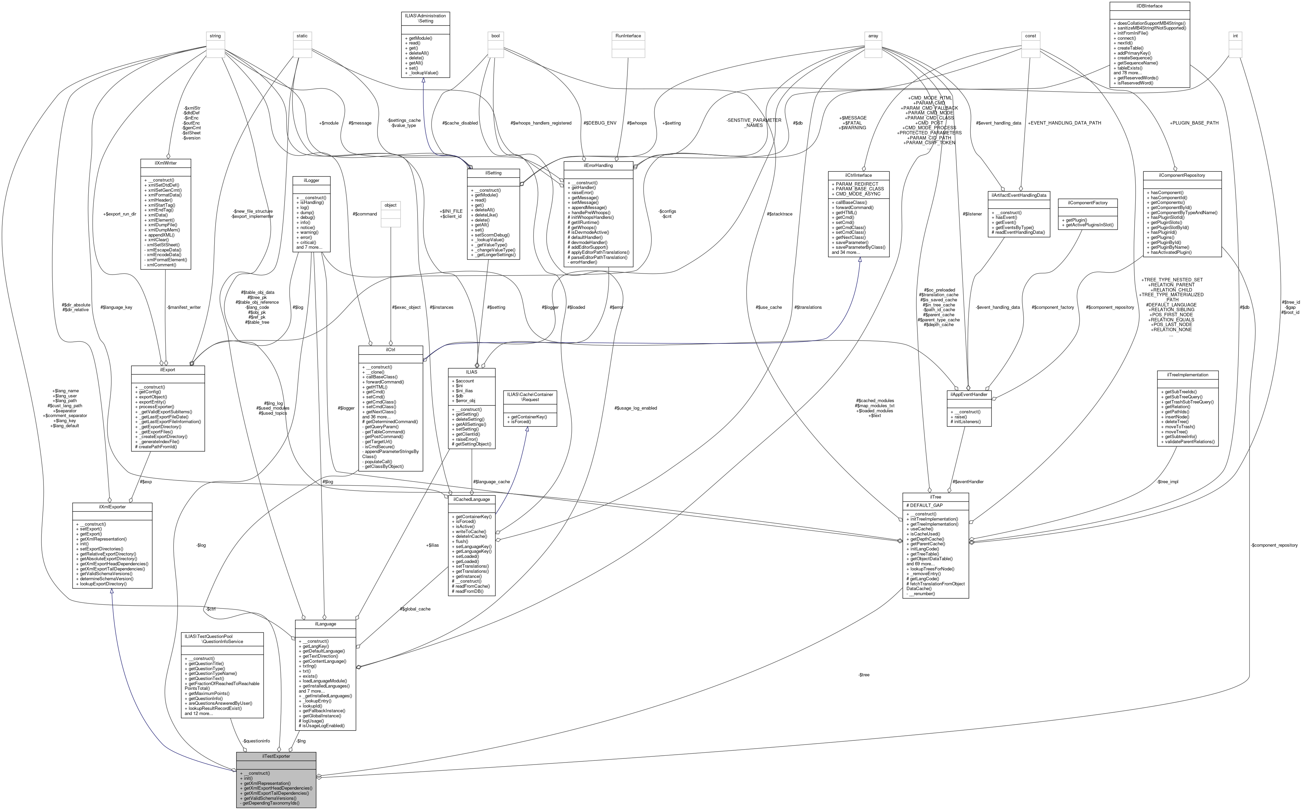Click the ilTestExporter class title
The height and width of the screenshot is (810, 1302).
pyautogui.click(x=276, y=756)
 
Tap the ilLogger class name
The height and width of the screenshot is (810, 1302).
pyautogui.click(x=311, y=181)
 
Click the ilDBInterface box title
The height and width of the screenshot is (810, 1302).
pyautogui.click(x=1149, y=6)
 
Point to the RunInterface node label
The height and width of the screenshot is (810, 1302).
pyautogui.click(x=628, y=36)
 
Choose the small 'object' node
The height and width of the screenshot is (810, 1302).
pyautogui.click(x=390, y=205)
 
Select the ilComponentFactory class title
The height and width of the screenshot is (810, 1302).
pyautogui.click(x=1087, y=203)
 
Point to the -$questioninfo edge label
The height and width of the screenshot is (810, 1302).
pyautogui.click(x=256, y=741)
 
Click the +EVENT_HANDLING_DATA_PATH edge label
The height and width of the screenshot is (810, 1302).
pyautogui.click(x=1064, y=123)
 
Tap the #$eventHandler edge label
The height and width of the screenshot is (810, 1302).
pyautogui.click(x=968, y=482)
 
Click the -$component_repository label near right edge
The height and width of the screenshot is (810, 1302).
pyautogui.click(x=1273, y=545)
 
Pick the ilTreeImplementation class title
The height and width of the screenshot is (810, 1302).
pyautogui.click(x=1186, y=375)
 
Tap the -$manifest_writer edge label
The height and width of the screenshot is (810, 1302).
pyautogui.click(x=183, y=307)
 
